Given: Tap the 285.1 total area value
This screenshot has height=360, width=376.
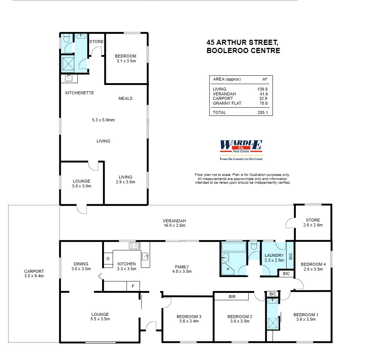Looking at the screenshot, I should click(x=262, y=112).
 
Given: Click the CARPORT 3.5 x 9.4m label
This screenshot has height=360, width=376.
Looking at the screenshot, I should click(x=34, y=274).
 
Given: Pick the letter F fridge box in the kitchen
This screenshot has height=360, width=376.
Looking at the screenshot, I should click(x=133, y=286).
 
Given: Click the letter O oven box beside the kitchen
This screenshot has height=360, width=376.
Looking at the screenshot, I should click(x=108, y=258).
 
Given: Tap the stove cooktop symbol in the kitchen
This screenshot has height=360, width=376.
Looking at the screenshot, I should click(x=134, y=246).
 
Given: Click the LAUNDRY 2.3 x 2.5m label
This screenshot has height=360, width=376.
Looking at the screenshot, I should click(x=274, y=258).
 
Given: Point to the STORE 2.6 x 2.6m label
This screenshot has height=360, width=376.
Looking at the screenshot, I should click(x=313, y=222).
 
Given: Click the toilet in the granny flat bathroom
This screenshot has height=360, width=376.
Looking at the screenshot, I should click(x=66, y=38).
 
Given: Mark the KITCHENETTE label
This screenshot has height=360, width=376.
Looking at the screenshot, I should click(x=79, y=93).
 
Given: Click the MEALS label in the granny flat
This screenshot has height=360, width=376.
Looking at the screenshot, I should click(x=125, y=98).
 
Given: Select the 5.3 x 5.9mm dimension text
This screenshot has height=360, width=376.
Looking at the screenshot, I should click(x=104, y=120).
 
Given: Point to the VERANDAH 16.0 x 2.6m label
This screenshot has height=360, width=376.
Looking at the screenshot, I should click(x=174, y=223).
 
